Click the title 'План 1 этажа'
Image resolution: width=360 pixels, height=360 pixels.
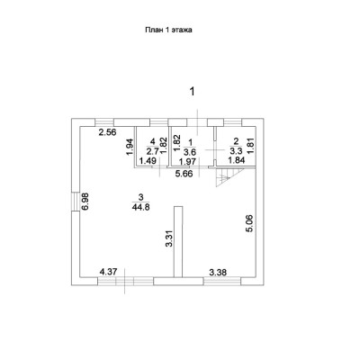click(168, 30)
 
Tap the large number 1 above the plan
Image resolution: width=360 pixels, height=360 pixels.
click(192, 91)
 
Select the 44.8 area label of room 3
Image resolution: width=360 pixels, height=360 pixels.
click(140, 207)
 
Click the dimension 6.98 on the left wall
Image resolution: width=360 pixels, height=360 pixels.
click(85, 202)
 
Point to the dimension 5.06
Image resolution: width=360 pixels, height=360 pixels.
click(250, 223)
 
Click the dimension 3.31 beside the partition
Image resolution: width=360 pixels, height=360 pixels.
click(169, 238)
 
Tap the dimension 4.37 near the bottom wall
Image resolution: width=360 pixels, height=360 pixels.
click(108, 272)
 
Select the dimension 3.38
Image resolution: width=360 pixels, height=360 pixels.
click(218, 273)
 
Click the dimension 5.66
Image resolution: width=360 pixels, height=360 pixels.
click(184, 174)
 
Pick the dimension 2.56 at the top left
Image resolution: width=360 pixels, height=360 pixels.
click(107, 132)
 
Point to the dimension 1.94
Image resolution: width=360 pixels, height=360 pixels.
click(129, 147)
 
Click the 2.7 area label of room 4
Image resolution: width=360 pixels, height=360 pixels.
click(153, 150)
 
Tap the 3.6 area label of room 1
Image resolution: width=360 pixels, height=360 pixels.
click(191, 150)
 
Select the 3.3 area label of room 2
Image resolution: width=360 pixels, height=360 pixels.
click(236, 150)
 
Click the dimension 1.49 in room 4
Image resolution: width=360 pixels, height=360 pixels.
click(148, 161)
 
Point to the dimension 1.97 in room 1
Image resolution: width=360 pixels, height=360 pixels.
click(187, 162)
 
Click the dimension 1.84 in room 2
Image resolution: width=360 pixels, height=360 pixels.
click(237, 160)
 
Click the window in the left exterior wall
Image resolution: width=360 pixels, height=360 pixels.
click(76, 202)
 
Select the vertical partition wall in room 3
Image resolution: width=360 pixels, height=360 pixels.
click(178, 241)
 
